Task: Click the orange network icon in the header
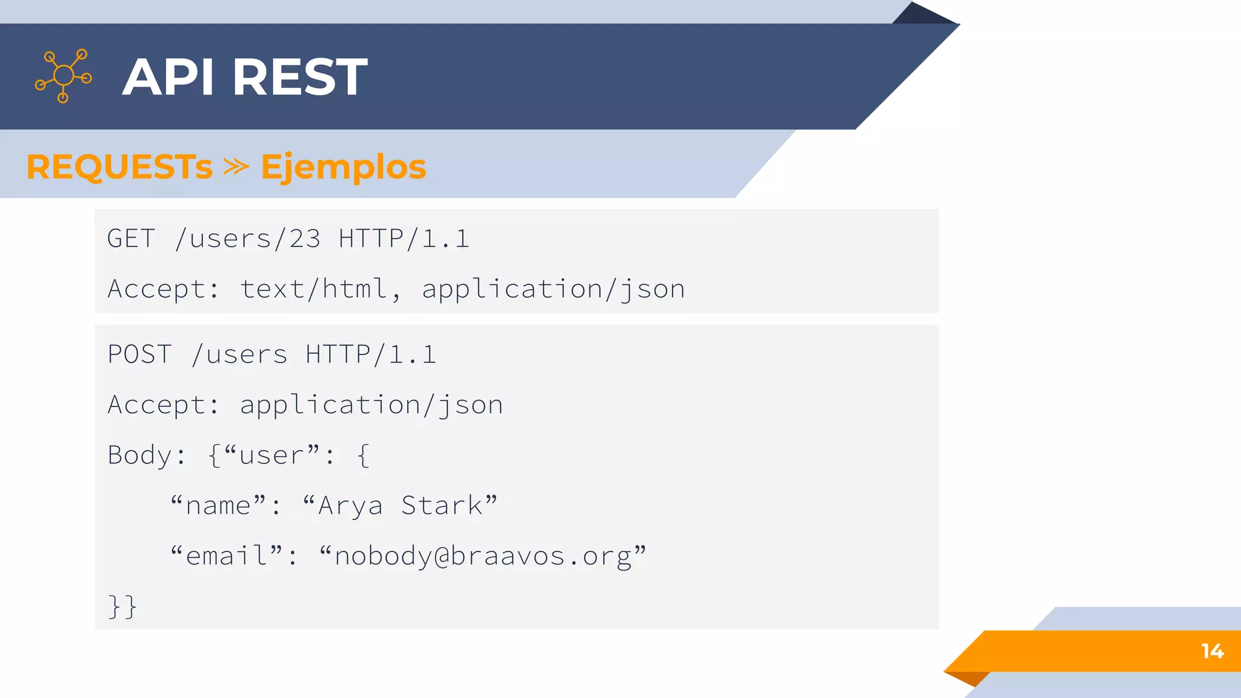(64, 76)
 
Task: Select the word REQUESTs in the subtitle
(119, 167)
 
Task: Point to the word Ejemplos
(344, 168)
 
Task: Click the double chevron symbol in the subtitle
(236, 167)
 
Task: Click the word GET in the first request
(131, 239)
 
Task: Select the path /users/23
(247, 239)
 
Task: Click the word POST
(140, 354)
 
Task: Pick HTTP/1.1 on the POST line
(371, 354)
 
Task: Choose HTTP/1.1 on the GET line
(404, 239)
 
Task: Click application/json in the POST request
(371, 405)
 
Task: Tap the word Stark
(442, 505)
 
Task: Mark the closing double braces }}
(122, 607)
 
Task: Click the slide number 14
(1213, 651)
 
